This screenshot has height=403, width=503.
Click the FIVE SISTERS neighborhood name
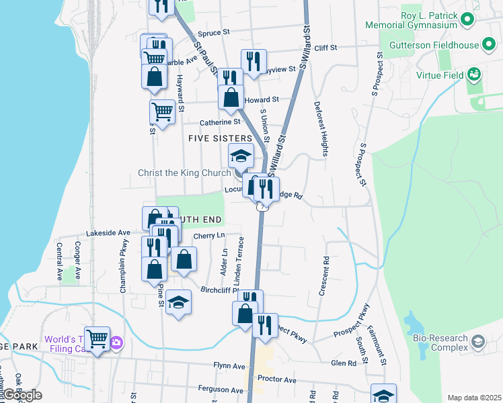coord(220,138)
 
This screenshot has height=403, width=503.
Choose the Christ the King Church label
coord(184,173)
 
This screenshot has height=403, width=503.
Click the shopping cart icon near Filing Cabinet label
coord(98,339)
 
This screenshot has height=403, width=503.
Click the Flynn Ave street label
coord(230,366)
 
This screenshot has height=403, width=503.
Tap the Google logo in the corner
coord(22,395)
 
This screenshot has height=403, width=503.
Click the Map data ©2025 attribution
coord(474,398)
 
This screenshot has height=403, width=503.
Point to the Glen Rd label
coord(344,363)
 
